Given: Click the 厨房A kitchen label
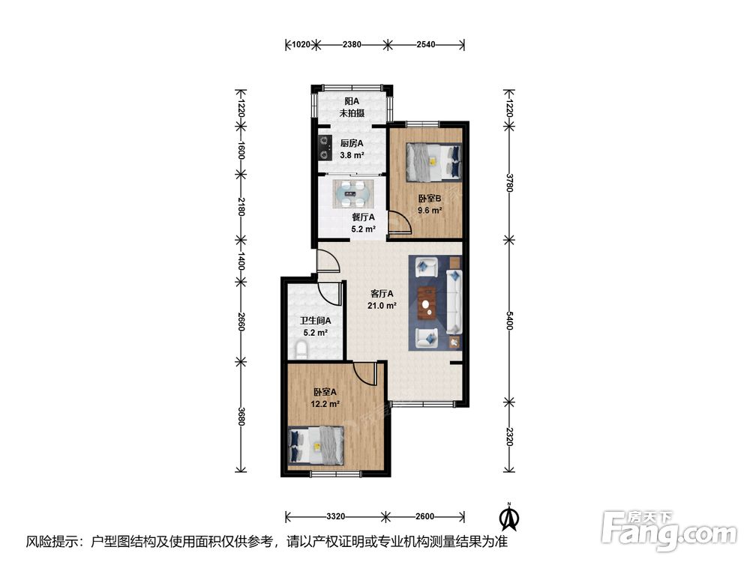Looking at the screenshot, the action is pos(352,143).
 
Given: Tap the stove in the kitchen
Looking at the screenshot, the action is pos(325,148).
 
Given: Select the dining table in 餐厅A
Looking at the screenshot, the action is pos(352,193).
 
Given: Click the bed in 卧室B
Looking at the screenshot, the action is pos(433,163).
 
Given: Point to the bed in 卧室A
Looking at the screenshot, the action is pos(316,445).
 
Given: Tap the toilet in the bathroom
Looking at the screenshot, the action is pos(302,350).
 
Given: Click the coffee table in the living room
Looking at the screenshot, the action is pos(427,303).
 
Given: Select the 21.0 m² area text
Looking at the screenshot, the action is pos(382,306).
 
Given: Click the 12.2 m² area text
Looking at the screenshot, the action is pos(325,404).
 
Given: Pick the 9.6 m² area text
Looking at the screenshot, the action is pos(430,211).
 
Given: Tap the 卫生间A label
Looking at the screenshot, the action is pos(315,321).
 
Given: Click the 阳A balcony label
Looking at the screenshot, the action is pos(352,101).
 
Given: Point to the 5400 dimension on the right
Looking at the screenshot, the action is pos(509,320).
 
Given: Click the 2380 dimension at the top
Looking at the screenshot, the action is pos(352,44).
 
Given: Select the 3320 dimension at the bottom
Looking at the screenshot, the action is pos(336,516).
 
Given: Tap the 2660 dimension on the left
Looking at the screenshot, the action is pos(241,322).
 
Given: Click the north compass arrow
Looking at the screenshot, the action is pos(510,517).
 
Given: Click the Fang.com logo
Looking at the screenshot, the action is pos(669,531).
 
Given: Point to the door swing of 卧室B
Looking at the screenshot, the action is pos(400,224).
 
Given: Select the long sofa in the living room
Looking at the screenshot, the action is pos(454,302).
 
